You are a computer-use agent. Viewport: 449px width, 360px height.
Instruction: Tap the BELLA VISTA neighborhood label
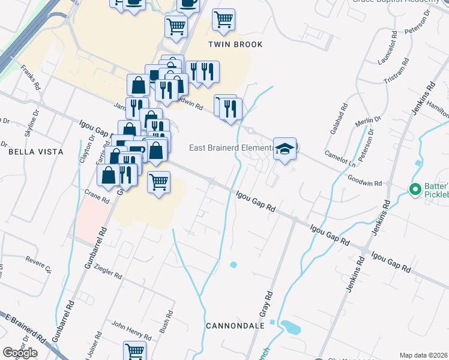click(36, 152)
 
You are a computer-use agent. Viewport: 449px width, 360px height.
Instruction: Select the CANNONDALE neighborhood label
click(235, 326)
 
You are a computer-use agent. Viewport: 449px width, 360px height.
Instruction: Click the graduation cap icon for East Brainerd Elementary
click(286, 149)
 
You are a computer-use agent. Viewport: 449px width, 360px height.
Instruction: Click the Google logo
click(20, 353)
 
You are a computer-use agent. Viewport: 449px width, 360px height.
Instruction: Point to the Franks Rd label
click(29, 79)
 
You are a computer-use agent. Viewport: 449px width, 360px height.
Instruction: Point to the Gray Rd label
click(266, 304)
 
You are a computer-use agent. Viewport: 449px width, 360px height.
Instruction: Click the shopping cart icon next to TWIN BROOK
click(223, 19)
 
